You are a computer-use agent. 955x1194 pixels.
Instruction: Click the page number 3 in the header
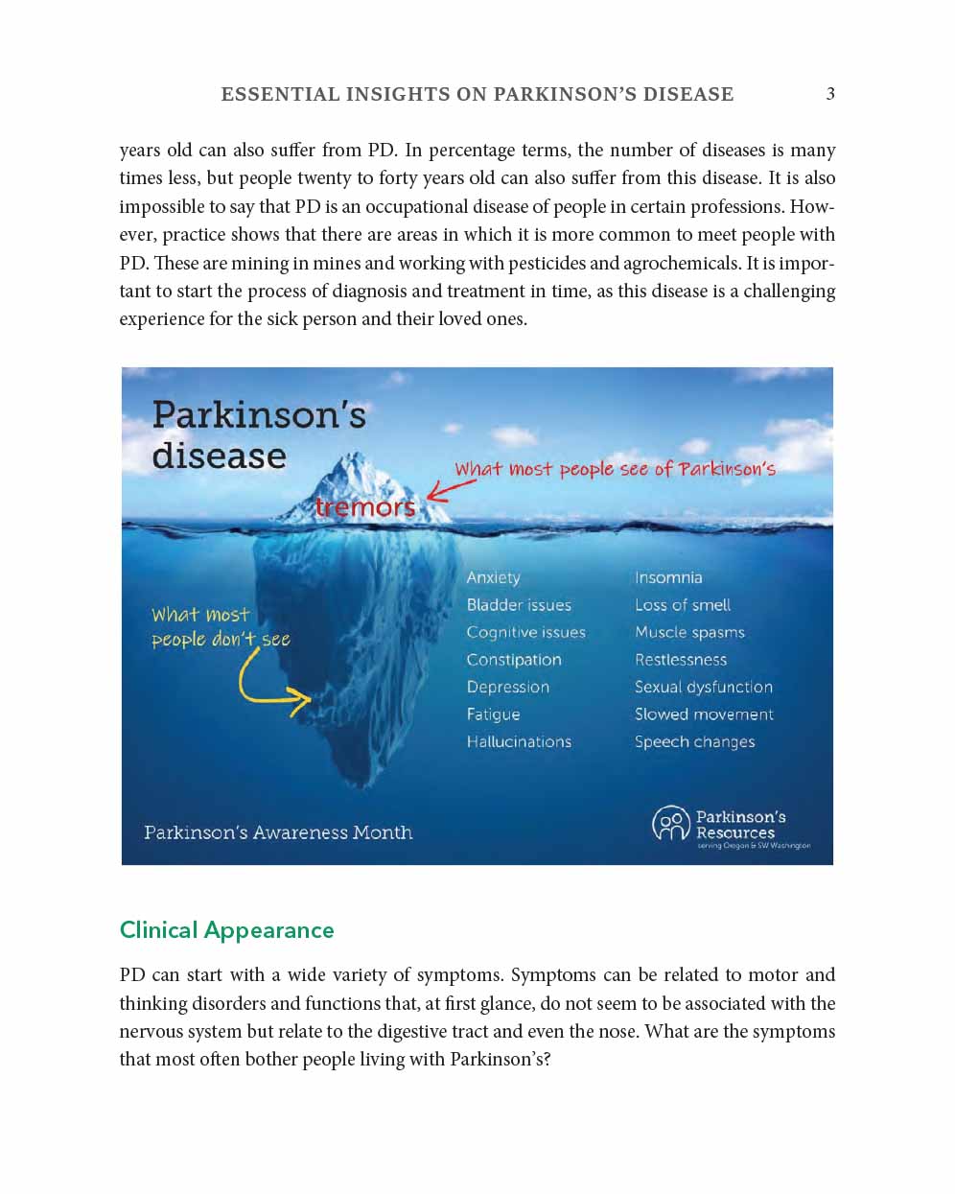tap(830, 94)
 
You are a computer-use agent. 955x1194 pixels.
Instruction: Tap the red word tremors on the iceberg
tap(365, 506)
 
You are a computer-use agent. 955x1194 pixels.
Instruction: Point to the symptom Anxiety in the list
tap(493, 577)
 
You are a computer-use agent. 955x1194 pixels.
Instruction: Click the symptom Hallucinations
tap(519, 741)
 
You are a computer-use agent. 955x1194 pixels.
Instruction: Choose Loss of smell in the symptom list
tap(682, 605)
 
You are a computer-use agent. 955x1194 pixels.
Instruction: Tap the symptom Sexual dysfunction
tap(703, 687)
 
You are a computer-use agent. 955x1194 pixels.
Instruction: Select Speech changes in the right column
tap(694, 741)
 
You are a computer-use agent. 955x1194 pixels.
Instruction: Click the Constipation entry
tap(514, 660)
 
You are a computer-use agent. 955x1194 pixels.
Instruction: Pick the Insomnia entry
tap(668, 577)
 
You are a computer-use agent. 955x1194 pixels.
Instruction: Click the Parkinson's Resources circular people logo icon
tap(670, 824)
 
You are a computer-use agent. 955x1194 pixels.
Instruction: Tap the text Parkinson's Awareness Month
tap(278, 832)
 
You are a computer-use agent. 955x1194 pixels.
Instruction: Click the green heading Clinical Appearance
tap(226, 930)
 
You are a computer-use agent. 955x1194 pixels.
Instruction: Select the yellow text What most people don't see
tap(220, 627)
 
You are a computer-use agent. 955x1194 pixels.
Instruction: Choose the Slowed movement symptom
tap(704, 714)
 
